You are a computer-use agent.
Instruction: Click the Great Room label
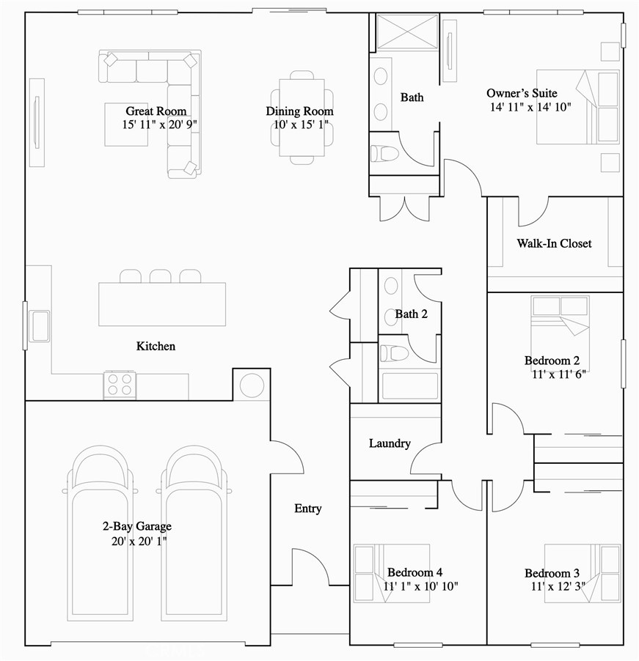point(156,111)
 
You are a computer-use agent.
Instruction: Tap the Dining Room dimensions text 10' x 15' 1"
point(299,125)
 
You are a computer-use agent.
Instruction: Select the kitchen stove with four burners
point(120,385)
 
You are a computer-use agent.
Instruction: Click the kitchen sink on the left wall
point(39,325)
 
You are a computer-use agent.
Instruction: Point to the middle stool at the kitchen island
point(160,276)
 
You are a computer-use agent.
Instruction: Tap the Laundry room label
point(390,443)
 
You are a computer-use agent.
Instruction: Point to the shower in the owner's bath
point(407,32)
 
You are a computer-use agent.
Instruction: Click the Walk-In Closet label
point(554,243)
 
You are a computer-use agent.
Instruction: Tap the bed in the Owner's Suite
point(577,107)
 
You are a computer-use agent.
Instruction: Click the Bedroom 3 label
point(552,573)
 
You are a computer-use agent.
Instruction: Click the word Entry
point(308,508)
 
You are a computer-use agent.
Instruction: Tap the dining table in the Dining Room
point(302,117)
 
